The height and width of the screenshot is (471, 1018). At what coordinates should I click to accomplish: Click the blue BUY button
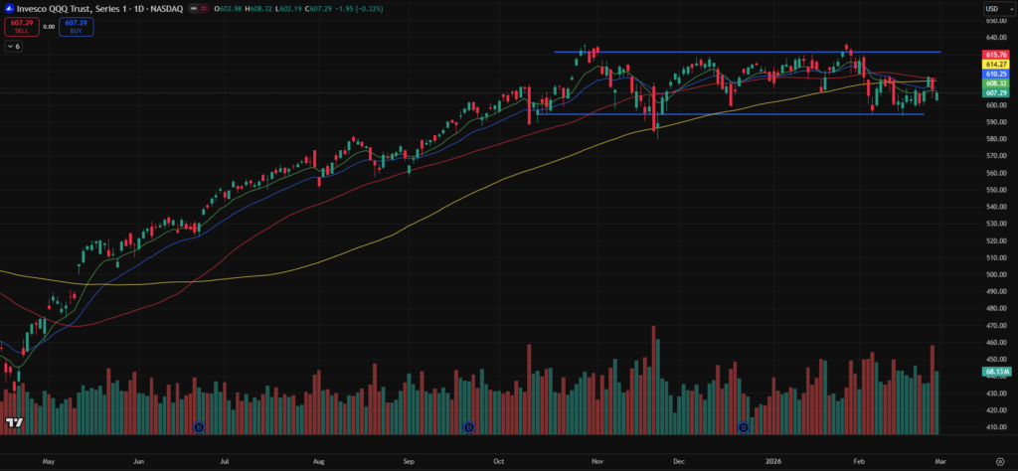tap(76, 27)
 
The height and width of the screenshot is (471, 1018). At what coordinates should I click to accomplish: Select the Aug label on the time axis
tap(318, 462)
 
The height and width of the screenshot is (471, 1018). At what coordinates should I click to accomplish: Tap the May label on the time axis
tap(48, 462)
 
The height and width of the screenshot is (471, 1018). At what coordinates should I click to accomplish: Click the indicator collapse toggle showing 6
tap(14, 46)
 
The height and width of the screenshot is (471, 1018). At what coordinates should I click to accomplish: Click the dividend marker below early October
tap(469, 427)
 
